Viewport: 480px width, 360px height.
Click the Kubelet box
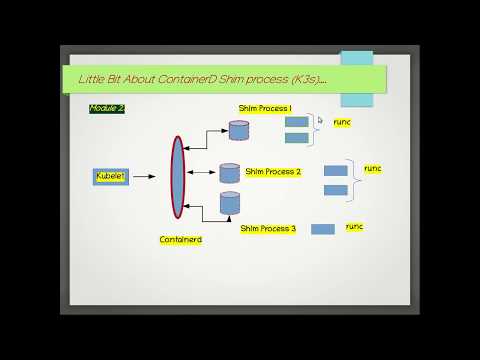(110, 176)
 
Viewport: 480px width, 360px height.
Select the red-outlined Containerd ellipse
(178, 177)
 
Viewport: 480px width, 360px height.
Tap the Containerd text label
(181, 240)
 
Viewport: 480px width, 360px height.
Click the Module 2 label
(106, 108)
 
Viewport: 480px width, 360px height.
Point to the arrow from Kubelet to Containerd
(146, 176)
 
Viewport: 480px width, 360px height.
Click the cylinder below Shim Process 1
(239, 130)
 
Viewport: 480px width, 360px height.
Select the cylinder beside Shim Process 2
(230, 173)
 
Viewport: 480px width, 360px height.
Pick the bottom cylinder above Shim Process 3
(231, 203)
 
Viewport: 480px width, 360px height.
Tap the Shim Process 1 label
(265, 108)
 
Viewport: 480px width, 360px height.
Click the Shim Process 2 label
(273, 172)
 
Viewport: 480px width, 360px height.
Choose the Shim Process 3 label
(268, 228)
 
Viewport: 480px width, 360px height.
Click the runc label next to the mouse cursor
(343, 121)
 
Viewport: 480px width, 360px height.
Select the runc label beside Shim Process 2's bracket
(373, 169)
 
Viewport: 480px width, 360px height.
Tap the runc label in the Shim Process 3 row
(354, 227)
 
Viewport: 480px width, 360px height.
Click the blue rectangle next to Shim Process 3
(322, 229)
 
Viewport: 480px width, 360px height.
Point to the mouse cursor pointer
(320, 121)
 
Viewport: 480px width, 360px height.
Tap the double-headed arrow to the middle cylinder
(203, 173)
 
